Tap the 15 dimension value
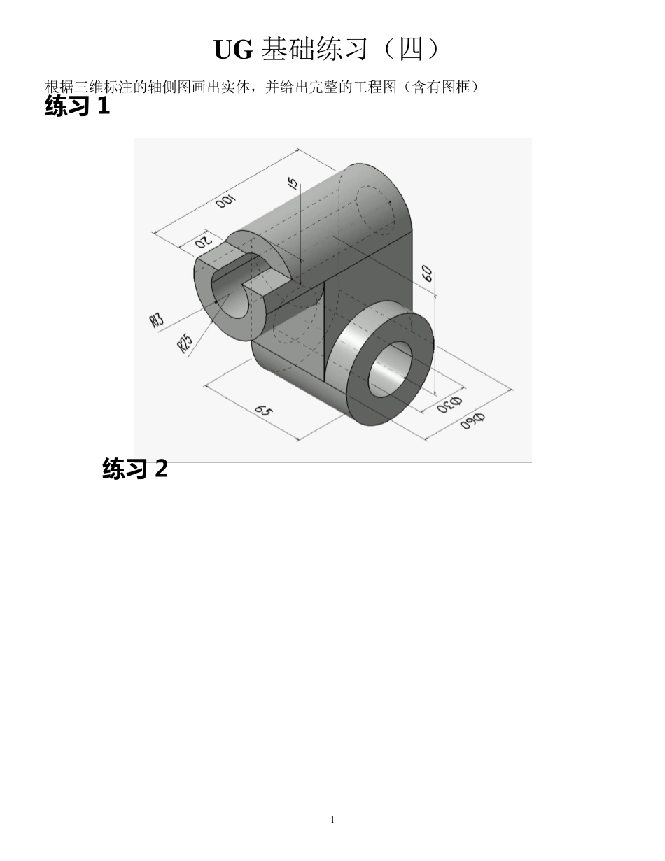(293, 183)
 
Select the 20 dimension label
(204, 241)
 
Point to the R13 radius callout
(156, 320)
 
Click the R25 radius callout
(185, 342)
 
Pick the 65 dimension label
(263, 411)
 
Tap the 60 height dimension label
(427, 273)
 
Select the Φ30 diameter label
(449, 404)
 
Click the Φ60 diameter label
(472, 421)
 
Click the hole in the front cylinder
(390, 370)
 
